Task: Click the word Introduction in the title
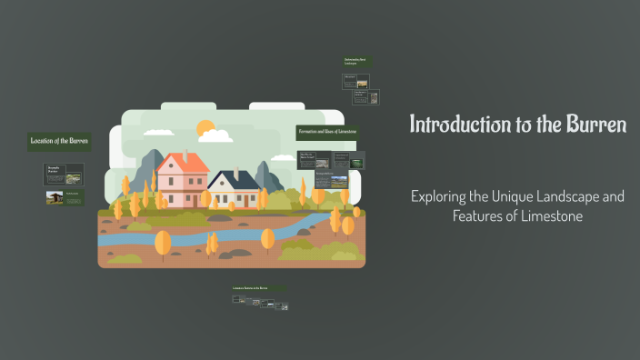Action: point(454,124)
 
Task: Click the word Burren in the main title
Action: point(595,124)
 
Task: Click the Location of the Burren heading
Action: point(59,141)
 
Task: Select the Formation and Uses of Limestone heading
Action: point(328,132)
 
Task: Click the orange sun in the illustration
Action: point(205,128)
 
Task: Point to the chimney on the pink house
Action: point(185,155)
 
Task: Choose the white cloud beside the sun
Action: point(216,135)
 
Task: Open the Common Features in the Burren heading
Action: point(258,288)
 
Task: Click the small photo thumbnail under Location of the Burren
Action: point(55,197)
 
